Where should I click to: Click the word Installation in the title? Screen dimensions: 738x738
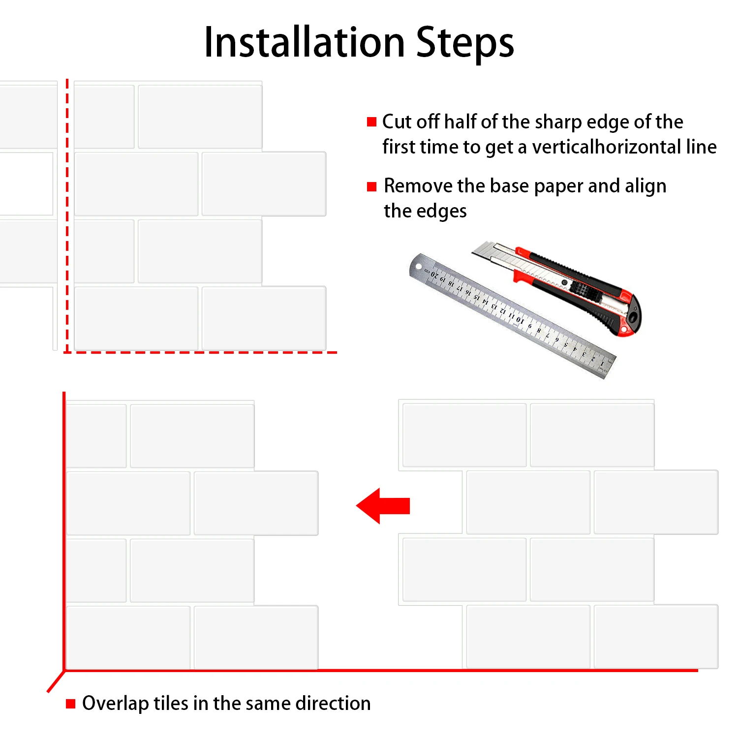click(x=304, y=42)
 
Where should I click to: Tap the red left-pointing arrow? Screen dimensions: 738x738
click(x=383, y=506)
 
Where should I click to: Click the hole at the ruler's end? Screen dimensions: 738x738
click(x=419, y=267)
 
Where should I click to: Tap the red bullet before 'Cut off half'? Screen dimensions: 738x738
click(x=372, y=122)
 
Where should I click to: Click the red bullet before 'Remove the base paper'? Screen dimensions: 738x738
click(x=372, y=186)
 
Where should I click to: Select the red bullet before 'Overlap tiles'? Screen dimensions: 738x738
click(x=71, y=704)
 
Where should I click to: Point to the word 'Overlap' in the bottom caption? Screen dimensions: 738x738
click(x=115, y=704)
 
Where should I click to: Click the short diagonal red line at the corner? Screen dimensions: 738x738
click(x=56, y=681)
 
